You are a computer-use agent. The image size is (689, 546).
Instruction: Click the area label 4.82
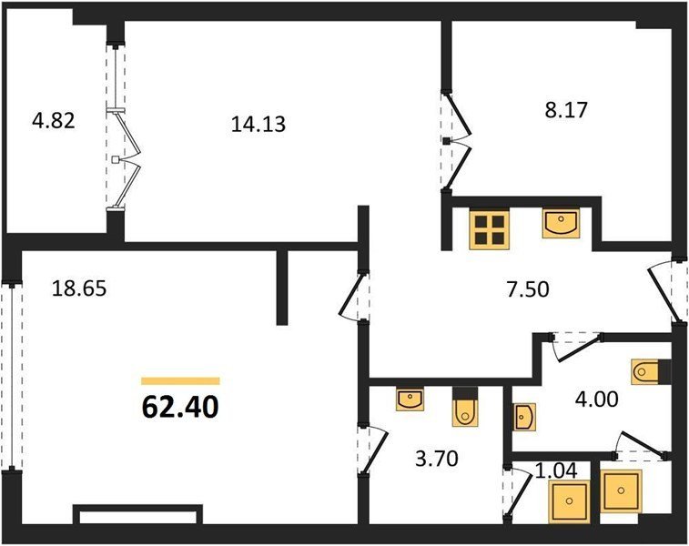pos(54,121)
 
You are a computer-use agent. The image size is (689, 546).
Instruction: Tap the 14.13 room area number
pos(258,124)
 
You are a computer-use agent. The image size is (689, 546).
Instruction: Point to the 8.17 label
pos(566,110)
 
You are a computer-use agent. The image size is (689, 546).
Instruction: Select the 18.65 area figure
pos(79,288)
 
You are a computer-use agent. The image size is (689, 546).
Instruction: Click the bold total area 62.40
pos(180,407)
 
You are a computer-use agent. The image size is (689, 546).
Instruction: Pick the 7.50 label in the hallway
pos(528,290)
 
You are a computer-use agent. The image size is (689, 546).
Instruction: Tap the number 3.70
pos(437,459)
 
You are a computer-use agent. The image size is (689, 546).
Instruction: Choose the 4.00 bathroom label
pos(597,399)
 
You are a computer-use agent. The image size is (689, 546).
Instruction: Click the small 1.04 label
pos(556,470)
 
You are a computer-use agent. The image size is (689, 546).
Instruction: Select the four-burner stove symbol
pos(490,229)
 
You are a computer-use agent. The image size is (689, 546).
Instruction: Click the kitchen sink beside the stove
pos(561,224)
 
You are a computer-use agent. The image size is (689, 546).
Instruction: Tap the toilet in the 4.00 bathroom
pos(645,372)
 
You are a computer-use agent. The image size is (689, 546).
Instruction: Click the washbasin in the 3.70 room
pos(410,399)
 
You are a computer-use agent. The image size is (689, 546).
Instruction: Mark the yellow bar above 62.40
pos(180,381)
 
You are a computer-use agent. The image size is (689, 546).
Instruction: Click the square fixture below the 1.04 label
pos(569,501)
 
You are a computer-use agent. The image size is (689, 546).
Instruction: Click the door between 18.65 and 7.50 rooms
pos(355,296)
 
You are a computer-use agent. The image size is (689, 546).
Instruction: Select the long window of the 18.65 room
pos(12,376)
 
